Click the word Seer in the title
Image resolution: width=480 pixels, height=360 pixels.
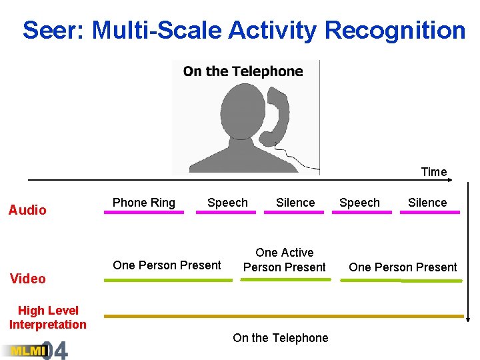click(x=53, y=30)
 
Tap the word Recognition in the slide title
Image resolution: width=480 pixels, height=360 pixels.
click(x=395, y=30)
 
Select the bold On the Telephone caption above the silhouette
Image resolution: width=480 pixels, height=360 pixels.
click(x=243, y=71)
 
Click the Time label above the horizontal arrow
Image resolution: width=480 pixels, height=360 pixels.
click(x=433, y=172)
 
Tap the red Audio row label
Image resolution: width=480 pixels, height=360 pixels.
click(x=27, y=210)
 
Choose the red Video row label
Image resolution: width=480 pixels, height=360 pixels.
click(x=28, y=279)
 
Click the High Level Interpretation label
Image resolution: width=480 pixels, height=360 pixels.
click(x=48, y=317)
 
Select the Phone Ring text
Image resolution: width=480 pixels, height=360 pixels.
click(x=143, y=203)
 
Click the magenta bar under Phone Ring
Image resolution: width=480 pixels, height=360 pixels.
click(x=143, y=213)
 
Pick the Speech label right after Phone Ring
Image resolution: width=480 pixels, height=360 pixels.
click(x=227, y=203)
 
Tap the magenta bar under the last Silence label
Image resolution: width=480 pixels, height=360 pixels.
click(x=429, y=213)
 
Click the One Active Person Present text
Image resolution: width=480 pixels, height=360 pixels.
click(x=285, y=260)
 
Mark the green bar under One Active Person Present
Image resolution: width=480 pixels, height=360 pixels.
click(x=285, y=280)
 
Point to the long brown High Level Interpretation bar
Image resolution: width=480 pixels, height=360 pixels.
click(x=283, y=315)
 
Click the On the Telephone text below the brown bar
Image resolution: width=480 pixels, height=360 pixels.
click(x=280, y=338)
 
